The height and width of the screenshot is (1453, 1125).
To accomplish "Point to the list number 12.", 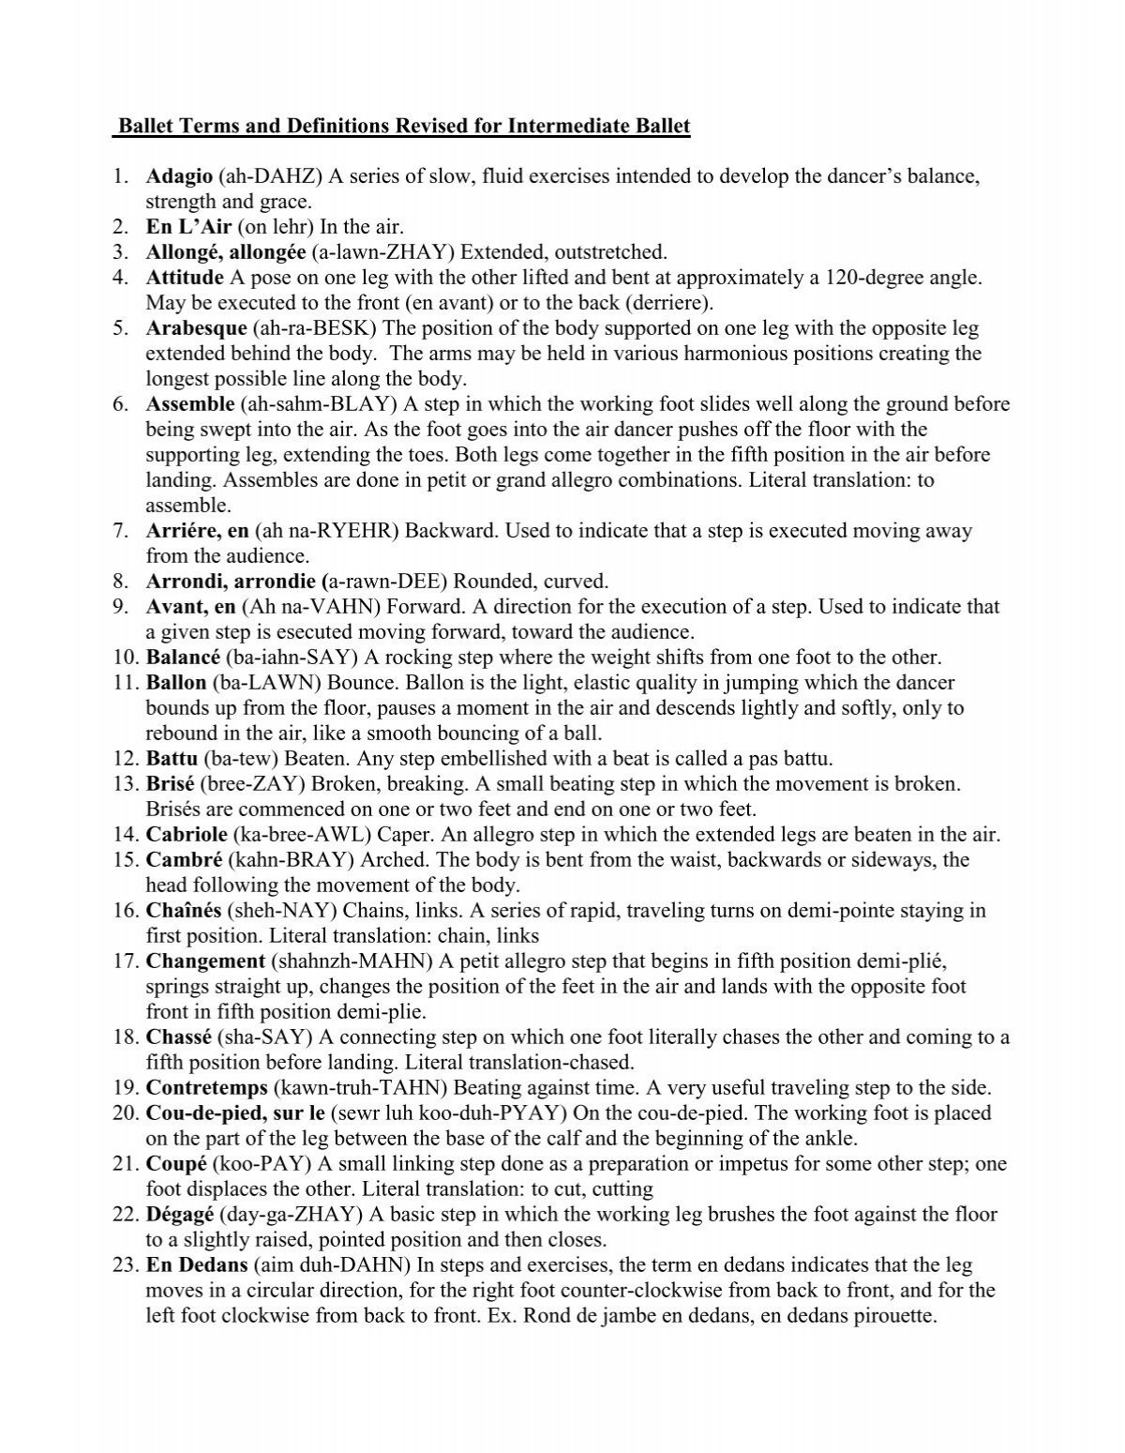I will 125,759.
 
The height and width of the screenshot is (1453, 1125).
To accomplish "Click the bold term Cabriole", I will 186,835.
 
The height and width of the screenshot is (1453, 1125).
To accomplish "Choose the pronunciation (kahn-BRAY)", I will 288,860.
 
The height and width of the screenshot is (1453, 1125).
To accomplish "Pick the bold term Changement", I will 205,961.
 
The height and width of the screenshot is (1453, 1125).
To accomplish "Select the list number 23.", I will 125,1265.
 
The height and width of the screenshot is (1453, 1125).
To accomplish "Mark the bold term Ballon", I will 175,683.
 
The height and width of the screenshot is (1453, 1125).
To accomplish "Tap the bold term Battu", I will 172,759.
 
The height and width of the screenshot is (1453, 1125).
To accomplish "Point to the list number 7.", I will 120,531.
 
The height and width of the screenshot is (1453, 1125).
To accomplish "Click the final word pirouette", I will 894,1316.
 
